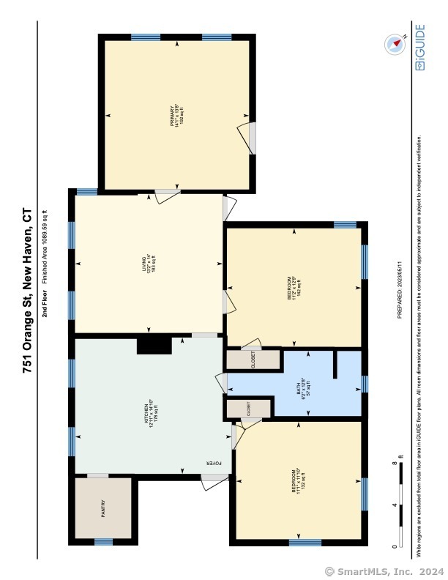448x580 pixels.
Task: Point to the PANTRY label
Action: (103, 508)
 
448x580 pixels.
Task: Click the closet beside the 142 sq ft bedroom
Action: (253, 360)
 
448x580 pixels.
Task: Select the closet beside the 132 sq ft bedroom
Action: (247, 409)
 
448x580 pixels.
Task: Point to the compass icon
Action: (395, 44)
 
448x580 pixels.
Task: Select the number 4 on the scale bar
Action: (394, 505)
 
